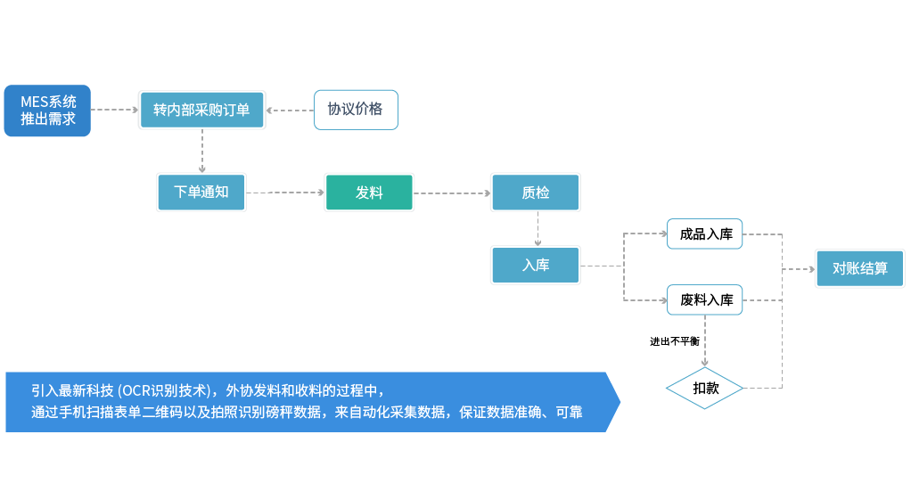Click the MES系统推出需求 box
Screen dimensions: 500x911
click(x=47, y=111)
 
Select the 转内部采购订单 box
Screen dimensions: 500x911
click(x=201, y=110)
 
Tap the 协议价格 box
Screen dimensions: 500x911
click(x=355, y=110)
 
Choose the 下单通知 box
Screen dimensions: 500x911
click(x=201, y=193)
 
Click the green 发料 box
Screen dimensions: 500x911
click(x=369, y=193)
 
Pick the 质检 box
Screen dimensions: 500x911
click(x=535, y=193)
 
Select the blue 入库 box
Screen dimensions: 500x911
click(x=536, y=265)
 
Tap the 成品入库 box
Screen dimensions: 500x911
click(x=705, y=234)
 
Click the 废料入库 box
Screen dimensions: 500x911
click(x=705, y=300)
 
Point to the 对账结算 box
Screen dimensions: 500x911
click(x=859, y=268)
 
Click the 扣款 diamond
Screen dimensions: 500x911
click(x=705, y=389)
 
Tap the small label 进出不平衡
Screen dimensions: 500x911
click(x=674, y=341)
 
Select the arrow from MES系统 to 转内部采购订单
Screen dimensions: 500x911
click(x=115, y=110)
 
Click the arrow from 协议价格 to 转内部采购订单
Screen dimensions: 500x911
click(x=290, y=110)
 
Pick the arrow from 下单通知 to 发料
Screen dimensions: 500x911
click(x=285, y=193)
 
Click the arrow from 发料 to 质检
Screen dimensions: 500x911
click(x=452, y=193)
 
